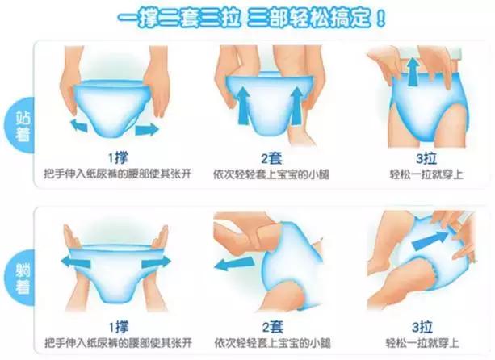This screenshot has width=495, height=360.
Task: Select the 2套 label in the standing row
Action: [x=266, y=157]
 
